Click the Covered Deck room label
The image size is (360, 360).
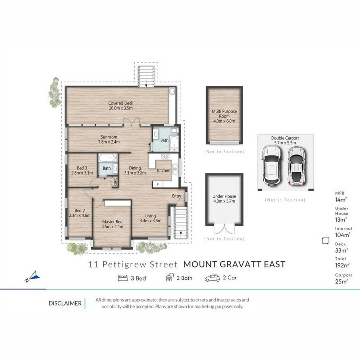(121, 106)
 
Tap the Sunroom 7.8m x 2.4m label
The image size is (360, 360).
(109, 139)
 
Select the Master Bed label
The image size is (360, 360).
(112, 224)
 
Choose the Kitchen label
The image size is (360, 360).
(164, 170)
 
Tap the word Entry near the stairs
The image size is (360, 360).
(177, 196)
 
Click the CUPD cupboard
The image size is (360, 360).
(115, 182)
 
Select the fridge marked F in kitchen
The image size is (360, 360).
(158, 184)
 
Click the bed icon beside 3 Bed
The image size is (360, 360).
(123, 278)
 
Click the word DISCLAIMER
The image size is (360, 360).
(65, 303)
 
